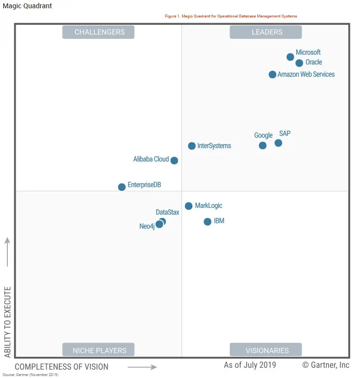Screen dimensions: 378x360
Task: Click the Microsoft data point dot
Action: click(290, 57)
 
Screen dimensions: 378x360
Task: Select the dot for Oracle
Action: click(299, 63)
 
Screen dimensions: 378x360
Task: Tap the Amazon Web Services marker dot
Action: click(272, 74)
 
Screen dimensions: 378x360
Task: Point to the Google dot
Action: click(263, 145)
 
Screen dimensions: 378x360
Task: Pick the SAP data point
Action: click(278, 143)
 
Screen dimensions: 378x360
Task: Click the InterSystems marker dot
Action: click(192, 146)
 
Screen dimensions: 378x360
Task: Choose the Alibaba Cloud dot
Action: click(174, 160)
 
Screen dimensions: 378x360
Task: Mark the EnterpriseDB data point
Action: click(122, 187)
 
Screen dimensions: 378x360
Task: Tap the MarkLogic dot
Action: click(189, 206)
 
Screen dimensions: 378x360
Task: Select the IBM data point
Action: click(208, 222)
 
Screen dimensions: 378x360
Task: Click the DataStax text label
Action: click(167, 212)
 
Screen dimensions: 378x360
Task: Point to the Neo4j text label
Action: click(147, 226)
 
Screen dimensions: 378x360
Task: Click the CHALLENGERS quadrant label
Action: click(99, 32)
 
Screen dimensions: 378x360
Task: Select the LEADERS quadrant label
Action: click(267, 32)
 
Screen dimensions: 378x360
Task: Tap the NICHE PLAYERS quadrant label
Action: click(99, 350)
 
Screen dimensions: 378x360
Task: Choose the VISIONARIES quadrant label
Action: click(267, 350)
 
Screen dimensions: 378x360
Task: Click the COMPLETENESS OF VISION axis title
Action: click(61, 367)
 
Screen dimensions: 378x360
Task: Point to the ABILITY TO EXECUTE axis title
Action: click(7, 322)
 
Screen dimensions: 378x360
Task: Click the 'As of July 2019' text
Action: click(250, 365)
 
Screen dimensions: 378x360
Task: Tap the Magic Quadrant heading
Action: click(27, 6)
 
